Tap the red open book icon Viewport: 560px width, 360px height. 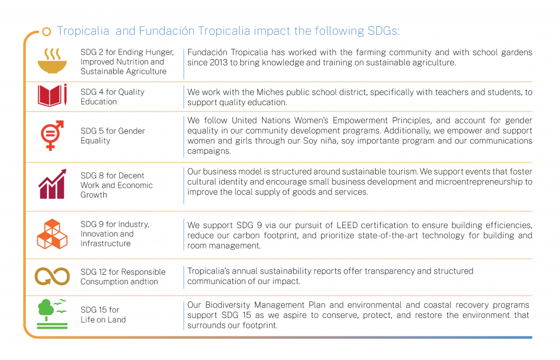point(50,96)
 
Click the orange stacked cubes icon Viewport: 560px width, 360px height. point(52,234)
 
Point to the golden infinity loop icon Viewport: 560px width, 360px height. point(52,276)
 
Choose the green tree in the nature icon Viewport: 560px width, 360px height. point(45,310)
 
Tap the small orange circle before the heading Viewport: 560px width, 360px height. point(47,31)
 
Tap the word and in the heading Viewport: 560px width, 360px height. point(126,31)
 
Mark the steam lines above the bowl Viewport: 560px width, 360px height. point(52,54)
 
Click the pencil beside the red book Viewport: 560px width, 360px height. point(65,95)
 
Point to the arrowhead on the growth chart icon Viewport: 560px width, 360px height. point(63,172)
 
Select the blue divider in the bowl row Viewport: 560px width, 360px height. point(184,64)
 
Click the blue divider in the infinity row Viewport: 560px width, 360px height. point(184,277)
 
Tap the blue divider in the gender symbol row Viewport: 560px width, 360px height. point(184,137)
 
